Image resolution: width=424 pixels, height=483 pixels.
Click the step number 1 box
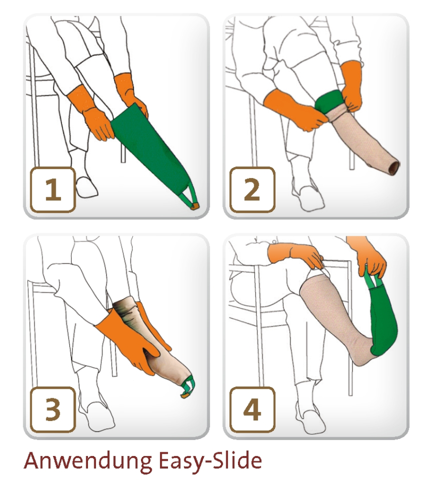(52, 190)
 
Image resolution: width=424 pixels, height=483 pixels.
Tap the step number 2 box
(252, 190)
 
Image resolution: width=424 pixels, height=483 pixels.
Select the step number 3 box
(52, 410)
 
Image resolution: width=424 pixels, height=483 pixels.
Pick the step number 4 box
(252, 410)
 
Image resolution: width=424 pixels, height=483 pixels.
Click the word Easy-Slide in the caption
(210, 461)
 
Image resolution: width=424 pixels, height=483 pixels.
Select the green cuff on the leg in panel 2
(330, 102)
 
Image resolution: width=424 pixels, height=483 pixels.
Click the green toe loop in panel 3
(188, 387)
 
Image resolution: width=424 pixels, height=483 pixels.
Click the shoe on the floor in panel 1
(87, 187)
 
